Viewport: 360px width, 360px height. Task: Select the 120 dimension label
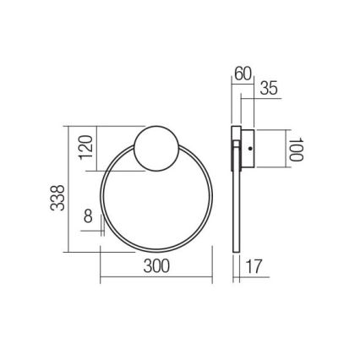(84, 148)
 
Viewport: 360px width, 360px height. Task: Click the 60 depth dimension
(243, 73)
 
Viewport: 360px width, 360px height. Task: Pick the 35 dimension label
(269, 89)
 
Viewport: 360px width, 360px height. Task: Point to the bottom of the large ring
(156, 250)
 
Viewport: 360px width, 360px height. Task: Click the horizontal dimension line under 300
(156, 279)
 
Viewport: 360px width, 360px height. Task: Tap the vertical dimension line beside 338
(68, 190)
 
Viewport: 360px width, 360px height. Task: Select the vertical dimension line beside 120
(96, 148)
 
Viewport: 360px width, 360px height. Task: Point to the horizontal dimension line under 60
(243, 83)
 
